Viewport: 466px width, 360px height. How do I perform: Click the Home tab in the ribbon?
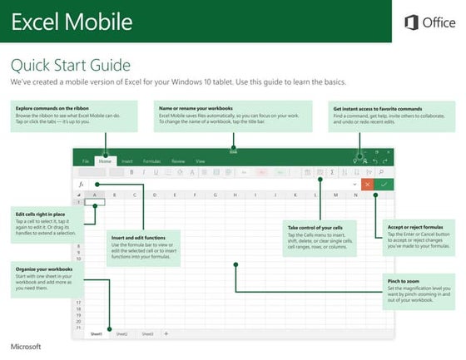(x=105, y=160)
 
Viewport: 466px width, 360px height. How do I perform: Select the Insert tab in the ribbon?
(x=127, y=160)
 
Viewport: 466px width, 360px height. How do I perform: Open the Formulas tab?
(x=151, y=160)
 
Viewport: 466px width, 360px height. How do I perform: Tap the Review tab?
(x=177, y=160)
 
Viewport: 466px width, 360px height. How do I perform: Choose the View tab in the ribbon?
(x=200, y=160)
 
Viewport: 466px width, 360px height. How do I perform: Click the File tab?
(x=85, y=160)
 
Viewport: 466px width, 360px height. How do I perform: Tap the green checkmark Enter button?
(x=384, y=184)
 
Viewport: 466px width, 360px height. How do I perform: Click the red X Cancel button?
(x=367, y=184)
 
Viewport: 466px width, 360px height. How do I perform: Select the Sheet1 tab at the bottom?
(x=96, y=333)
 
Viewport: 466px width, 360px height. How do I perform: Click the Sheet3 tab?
(x=146, y=333)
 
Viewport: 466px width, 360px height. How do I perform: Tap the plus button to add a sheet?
(x=166, y=333)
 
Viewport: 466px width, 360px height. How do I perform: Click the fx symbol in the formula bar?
(x=82, y=185)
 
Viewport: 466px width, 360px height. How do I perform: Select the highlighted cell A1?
(x=95, y=202)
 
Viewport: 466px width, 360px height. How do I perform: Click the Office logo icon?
(x=410, y=22)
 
